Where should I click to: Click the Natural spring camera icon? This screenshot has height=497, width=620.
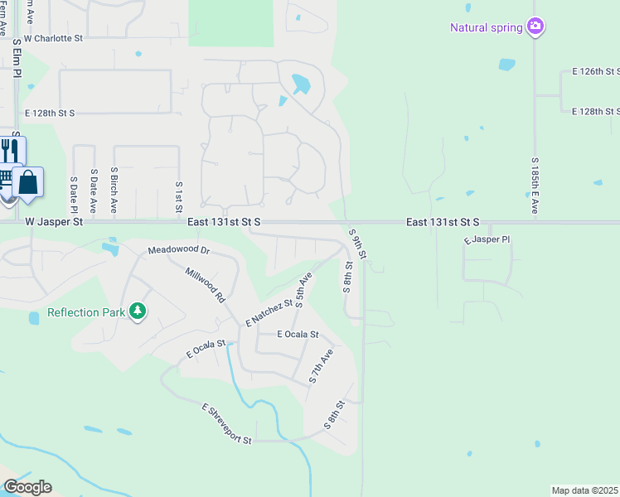click(536, 27)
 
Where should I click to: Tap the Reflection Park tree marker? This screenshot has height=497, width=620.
click(138, 311)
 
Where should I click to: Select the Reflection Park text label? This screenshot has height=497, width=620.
click(85, 312)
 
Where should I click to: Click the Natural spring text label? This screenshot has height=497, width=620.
click(486, 27)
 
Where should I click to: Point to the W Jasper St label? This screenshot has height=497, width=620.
click(55, 222)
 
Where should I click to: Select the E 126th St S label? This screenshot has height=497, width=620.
click(596, 72)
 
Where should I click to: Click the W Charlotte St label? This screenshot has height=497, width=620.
click(54, 38)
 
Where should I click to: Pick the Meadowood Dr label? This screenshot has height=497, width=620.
click(179, 250)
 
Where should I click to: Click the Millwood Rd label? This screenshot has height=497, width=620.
click(205, 284)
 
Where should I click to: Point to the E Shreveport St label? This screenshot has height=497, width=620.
click(226, 423)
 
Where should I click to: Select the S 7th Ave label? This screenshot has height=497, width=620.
click(322, 365)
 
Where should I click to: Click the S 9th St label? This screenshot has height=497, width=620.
click(357, 242)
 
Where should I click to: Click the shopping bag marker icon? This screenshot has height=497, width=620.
click(28, 182)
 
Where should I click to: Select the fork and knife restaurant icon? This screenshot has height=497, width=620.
click(11, 152)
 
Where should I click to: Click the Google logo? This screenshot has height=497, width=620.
click(27, 487)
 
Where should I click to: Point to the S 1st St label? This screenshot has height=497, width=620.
click(178, 197)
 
